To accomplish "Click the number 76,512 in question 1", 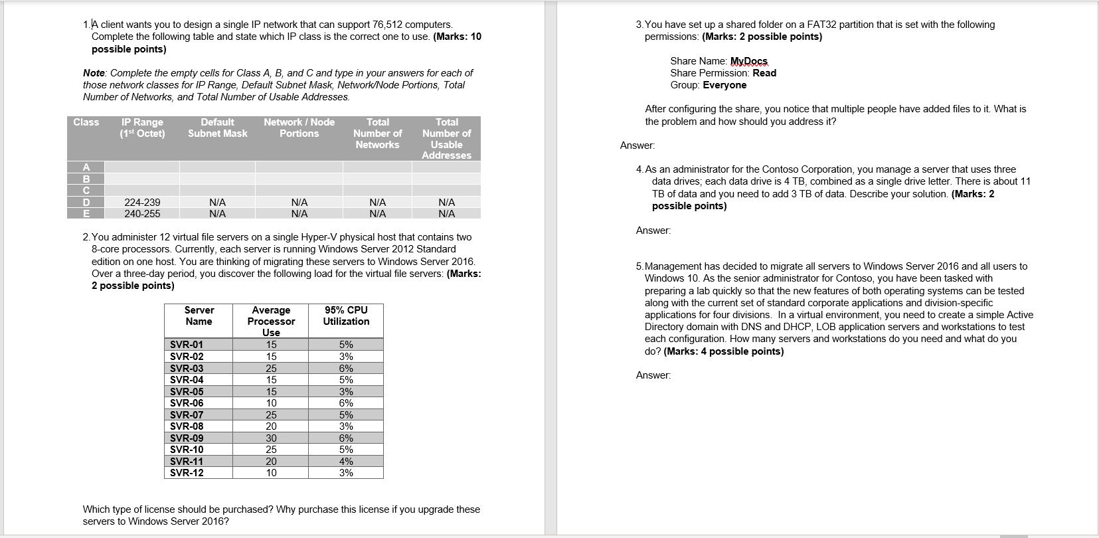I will [x=386, y=25].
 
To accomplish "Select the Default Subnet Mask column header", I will [x=217, y=128].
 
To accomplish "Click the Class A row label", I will [x=86, y=167].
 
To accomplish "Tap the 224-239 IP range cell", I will [x=142, y=202].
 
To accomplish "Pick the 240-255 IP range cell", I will [x=142, y=214].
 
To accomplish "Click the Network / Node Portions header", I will [x=299, y=128].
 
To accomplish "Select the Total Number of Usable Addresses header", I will [x=446, y=138].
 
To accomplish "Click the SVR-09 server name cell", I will [x=187, y=438].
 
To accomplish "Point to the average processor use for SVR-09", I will [x=271, y=438].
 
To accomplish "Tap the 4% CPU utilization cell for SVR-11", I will [x=346, y=462].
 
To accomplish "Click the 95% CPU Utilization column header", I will [x=346, y=315].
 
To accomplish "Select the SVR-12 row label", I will [x=187, y=473].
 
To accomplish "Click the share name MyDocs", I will [x=748, y=61].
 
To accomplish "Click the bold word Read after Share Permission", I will [x=764, y=73].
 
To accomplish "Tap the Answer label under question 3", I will [x=637, y=145].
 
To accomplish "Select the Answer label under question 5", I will [x=653, y=375].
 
